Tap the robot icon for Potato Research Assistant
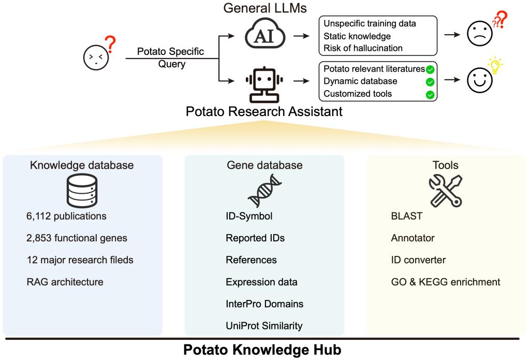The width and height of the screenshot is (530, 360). (264, 83)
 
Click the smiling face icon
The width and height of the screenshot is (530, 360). (479, 81)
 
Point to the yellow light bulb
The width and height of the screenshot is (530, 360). (496, 67)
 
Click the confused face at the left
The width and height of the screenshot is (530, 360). (95, 56)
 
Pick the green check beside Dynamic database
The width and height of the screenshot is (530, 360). (430, 81)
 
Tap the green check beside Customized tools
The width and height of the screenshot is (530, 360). (430, 94)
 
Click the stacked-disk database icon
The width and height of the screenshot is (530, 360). (82, 191)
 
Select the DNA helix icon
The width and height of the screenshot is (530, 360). (264, 191)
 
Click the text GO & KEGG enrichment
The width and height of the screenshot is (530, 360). (446, 282)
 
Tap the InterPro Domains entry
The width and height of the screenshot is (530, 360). (264, 304)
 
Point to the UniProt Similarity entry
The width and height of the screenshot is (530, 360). (264, 325)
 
